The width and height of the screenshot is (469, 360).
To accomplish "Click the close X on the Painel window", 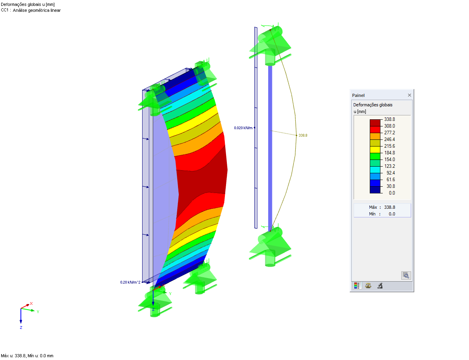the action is click(410, 95).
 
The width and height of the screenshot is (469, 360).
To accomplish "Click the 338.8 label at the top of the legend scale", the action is click(389, 119).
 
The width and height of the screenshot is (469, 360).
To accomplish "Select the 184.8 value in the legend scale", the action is click(389, 153).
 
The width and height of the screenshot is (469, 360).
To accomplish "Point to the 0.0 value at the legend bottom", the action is click(392, 193).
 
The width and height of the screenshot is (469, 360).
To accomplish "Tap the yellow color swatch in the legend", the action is click(375, 150).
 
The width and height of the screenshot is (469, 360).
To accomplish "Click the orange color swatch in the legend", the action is click(375, 136).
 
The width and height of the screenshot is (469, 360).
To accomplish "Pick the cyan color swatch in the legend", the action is click(375, 170).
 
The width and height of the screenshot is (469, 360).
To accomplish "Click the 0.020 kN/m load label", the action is click(243, 128).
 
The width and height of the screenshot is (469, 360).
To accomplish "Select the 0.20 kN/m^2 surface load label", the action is click(130, 282).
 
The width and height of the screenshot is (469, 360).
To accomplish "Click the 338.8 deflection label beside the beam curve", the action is click(303, 135).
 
